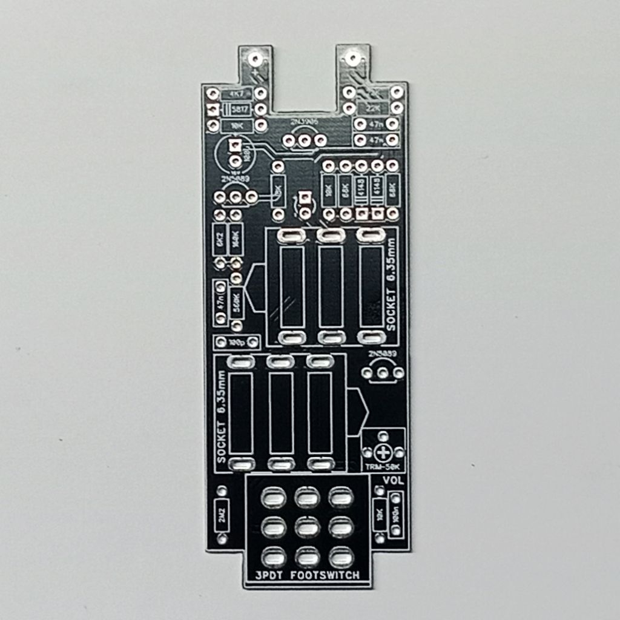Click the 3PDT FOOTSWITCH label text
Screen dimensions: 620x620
click(x=308, y=575)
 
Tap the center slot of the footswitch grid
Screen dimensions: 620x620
click(x=308, y=528)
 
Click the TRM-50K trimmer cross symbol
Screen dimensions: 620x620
click(x=383, y=452)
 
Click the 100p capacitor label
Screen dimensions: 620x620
click(x=237, y=342)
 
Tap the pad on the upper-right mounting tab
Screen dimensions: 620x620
click(x=353, y=59)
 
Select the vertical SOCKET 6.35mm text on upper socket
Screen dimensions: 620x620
click(x=392, y=285)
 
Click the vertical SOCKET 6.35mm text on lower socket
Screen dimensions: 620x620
click(x=222, y=418)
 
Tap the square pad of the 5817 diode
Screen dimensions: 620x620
click(x=213, y=110)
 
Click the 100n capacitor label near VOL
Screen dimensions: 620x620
click(x=396, y=515)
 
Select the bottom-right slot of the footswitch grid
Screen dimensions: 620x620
click(x=341, y=556)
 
